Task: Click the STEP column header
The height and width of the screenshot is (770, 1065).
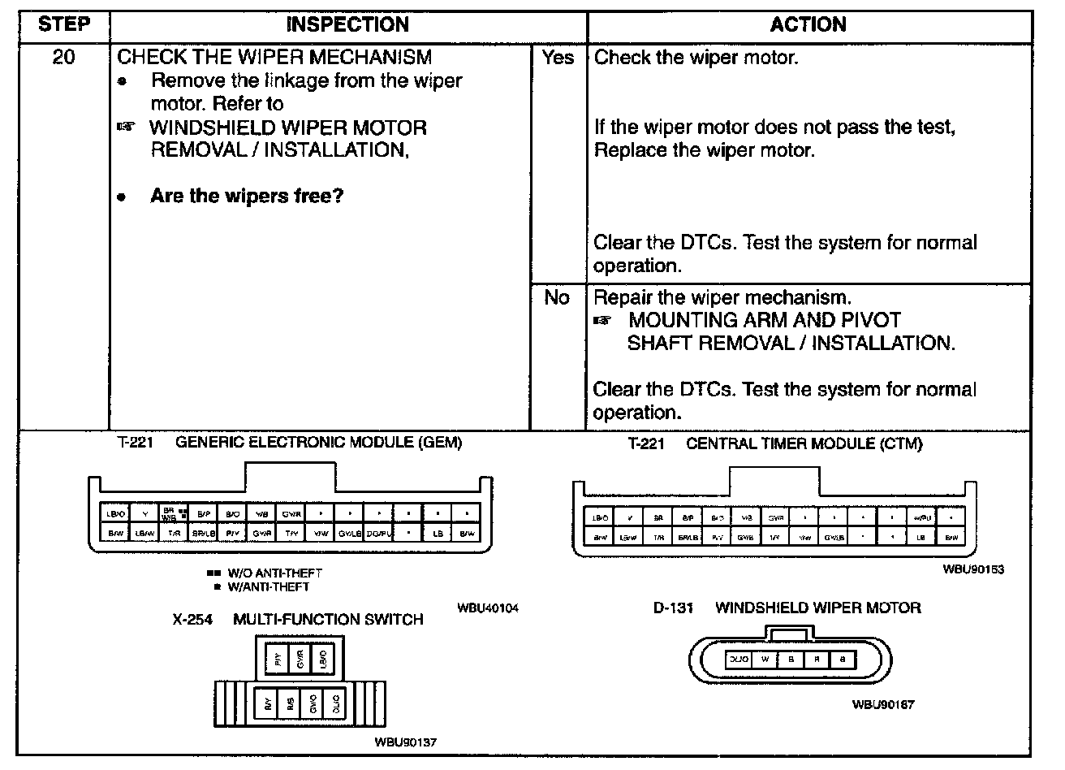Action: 63,24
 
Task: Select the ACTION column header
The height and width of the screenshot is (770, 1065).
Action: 808,24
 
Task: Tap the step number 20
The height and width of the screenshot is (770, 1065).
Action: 63,58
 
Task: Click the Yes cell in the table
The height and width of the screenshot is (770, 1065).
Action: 558,58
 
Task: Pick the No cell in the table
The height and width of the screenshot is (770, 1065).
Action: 557,298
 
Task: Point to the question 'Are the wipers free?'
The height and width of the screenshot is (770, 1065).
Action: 247,197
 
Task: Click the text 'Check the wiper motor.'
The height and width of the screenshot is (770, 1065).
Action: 696,58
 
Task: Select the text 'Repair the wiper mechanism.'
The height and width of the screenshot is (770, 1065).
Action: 722,297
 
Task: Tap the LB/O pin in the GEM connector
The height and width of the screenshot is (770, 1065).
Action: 116,513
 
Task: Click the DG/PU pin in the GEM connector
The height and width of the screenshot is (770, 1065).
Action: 379,533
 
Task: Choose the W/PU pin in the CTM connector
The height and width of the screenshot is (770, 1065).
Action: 922,517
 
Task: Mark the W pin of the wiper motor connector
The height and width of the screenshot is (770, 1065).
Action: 765,660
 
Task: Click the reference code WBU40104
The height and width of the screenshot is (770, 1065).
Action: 487,608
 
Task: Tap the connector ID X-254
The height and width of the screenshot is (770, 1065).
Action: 192,620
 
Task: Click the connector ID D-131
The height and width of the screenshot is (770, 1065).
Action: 673,608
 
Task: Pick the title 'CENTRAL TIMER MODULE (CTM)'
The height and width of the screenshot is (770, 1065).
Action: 804,443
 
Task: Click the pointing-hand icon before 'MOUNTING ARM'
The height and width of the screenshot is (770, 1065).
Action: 601,321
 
